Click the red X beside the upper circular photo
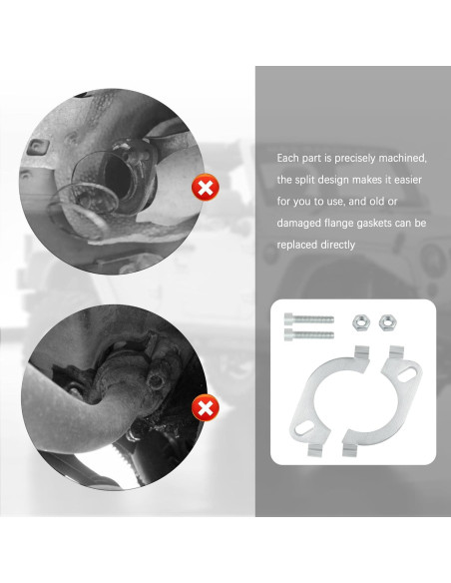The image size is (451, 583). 205,187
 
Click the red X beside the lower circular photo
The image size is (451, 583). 205,408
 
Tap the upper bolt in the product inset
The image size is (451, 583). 309,319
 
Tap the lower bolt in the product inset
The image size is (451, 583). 309,334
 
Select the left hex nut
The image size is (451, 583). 361,322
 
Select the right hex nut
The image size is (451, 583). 388,322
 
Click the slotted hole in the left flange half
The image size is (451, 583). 304,428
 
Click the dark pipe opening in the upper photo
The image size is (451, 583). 118,178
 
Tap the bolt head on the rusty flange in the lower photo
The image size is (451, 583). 156,381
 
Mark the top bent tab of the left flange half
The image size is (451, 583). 361,351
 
